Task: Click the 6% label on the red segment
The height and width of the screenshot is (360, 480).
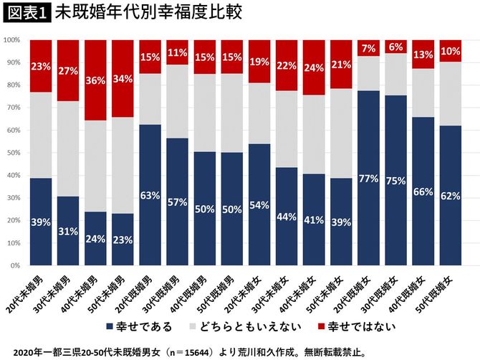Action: click(396, 47)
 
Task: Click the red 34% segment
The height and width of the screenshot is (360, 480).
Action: click(123, 79)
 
